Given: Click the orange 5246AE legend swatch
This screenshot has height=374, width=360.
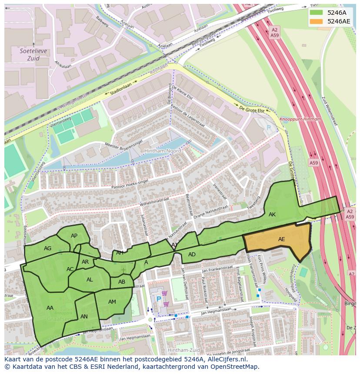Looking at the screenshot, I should click(x=317, y=21).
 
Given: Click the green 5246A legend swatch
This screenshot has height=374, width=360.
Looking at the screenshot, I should click(x=317, y=13).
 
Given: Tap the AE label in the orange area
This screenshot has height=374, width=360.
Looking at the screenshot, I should click(x=282, y=239).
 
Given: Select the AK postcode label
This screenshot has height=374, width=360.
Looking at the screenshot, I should click(x=272, y=215).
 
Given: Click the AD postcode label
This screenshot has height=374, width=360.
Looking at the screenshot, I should click(x=192, y=255).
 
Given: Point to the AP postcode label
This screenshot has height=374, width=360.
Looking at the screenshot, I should click(x=74, y=236).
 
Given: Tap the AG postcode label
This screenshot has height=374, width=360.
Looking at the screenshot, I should click(x=48, y=248).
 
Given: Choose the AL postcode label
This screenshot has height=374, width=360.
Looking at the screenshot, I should click(x=90, y=280).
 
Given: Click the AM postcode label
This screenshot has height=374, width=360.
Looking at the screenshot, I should click(x=112, y=302).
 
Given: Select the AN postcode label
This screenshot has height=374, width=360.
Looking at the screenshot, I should click(x=84, y=317).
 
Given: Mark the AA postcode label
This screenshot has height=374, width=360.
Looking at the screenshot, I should click(x=50, y=308).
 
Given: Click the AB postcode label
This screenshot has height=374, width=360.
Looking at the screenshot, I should click(x=122, y=282).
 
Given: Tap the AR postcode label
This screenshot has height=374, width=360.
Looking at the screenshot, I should click(x=85, y=262).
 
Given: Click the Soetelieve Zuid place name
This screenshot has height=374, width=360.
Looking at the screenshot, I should click(x=30, y=54).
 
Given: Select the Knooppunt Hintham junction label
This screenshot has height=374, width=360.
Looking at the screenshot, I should click(x=300, y=119).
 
